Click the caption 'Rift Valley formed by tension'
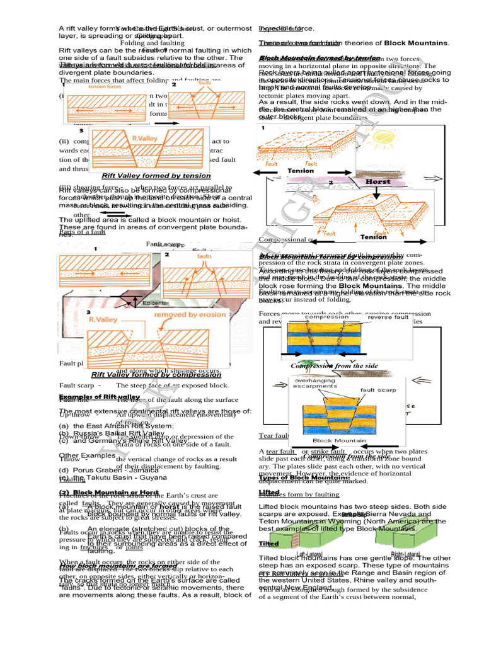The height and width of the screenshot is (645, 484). [156, 176]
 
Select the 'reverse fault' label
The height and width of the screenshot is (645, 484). [384, 317]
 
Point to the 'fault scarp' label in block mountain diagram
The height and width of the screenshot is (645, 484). [377, 390]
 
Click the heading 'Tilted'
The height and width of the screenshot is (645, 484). [268, 544]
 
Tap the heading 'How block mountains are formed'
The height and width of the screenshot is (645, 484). [110, 566]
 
